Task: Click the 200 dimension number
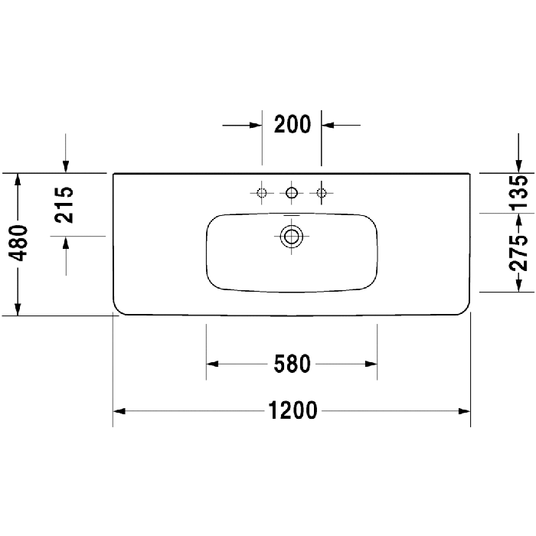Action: pyautogui.click(x=293, y=124)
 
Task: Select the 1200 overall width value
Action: pyautogui.click(x=293, y=410)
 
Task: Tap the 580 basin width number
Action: pyautogui.click(x=293, y=364)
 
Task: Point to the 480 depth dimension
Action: pyautogui.click(x=18, y=243)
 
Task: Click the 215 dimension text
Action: pyautogui.click(x=64, y=205)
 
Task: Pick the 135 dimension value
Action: pyautogui.click(x=518, y=191)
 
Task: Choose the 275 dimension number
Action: pyautogui.click(x=518, y=253)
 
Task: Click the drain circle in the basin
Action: pyautogui.click(x=291, y=236)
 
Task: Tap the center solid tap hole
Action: pyautogui.click(x=292, y=193)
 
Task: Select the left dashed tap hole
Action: pyautogui.click(x=262, y=193)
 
